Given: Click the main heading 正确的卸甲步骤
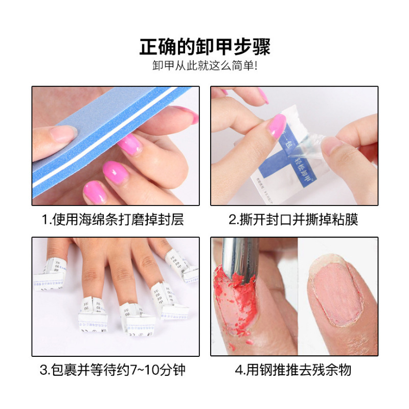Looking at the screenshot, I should click(x=204, y=47).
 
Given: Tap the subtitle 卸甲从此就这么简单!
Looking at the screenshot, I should click(x=204, y=66).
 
